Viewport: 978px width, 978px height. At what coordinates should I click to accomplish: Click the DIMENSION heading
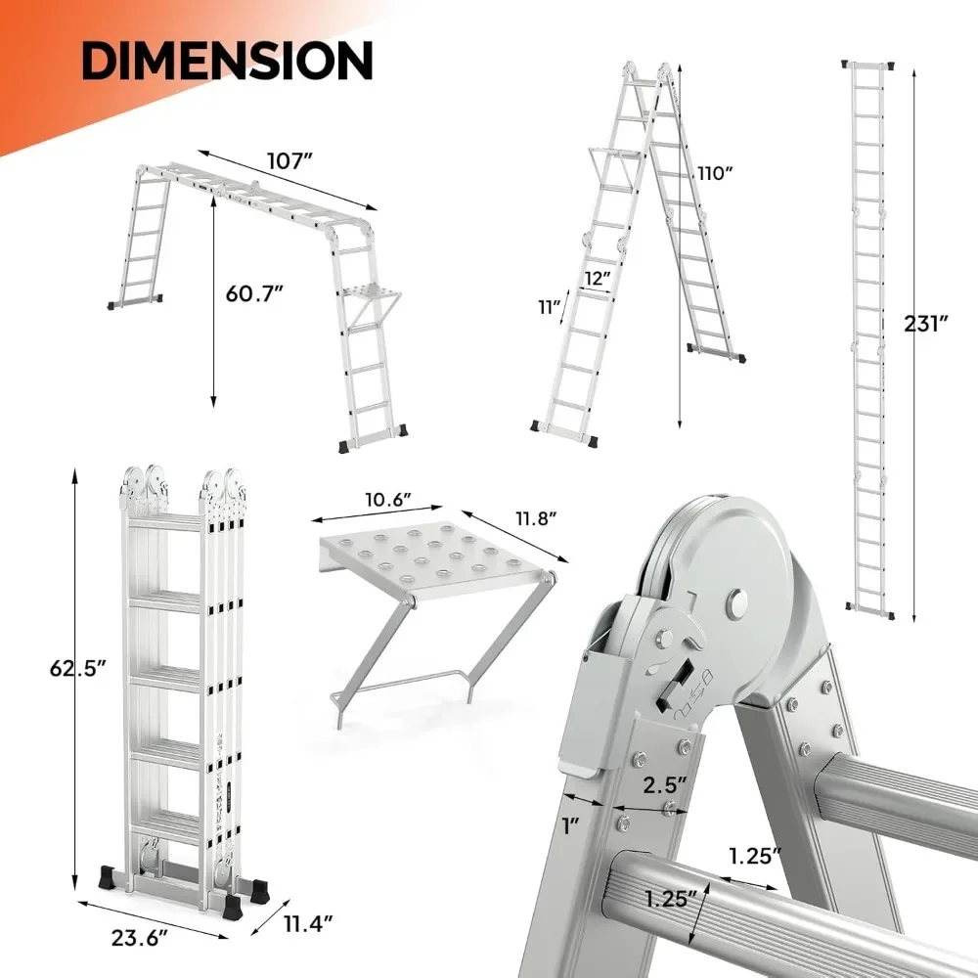(x=227, y=61)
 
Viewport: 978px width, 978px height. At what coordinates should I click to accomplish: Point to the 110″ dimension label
(x=715, y=173)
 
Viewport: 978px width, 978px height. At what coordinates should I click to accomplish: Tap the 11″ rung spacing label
(x=549, y=308)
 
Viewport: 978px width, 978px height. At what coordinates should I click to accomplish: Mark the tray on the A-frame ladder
(x=617, y=154)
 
